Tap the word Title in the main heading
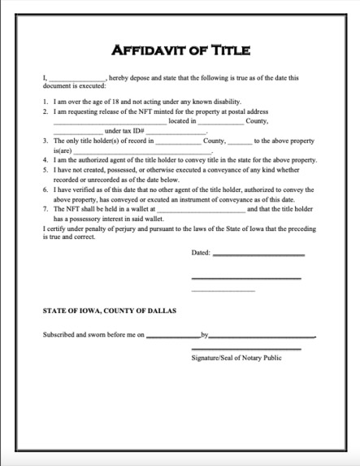pyautogui.click(x=228, y=50)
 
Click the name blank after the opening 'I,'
pyautogui.click(x=76, y=79)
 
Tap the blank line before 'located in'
pyautogui.click(x=109, y=121)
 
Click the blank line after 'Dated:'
pyautogui.click(x=258, y=255)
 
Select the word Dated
pyautogui.click(x=200, y=253)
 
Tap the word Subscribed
pyautogui.click(x=61, y=334)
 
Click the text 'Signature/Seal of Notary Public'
pyautogui.click(x=236, y=358)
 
